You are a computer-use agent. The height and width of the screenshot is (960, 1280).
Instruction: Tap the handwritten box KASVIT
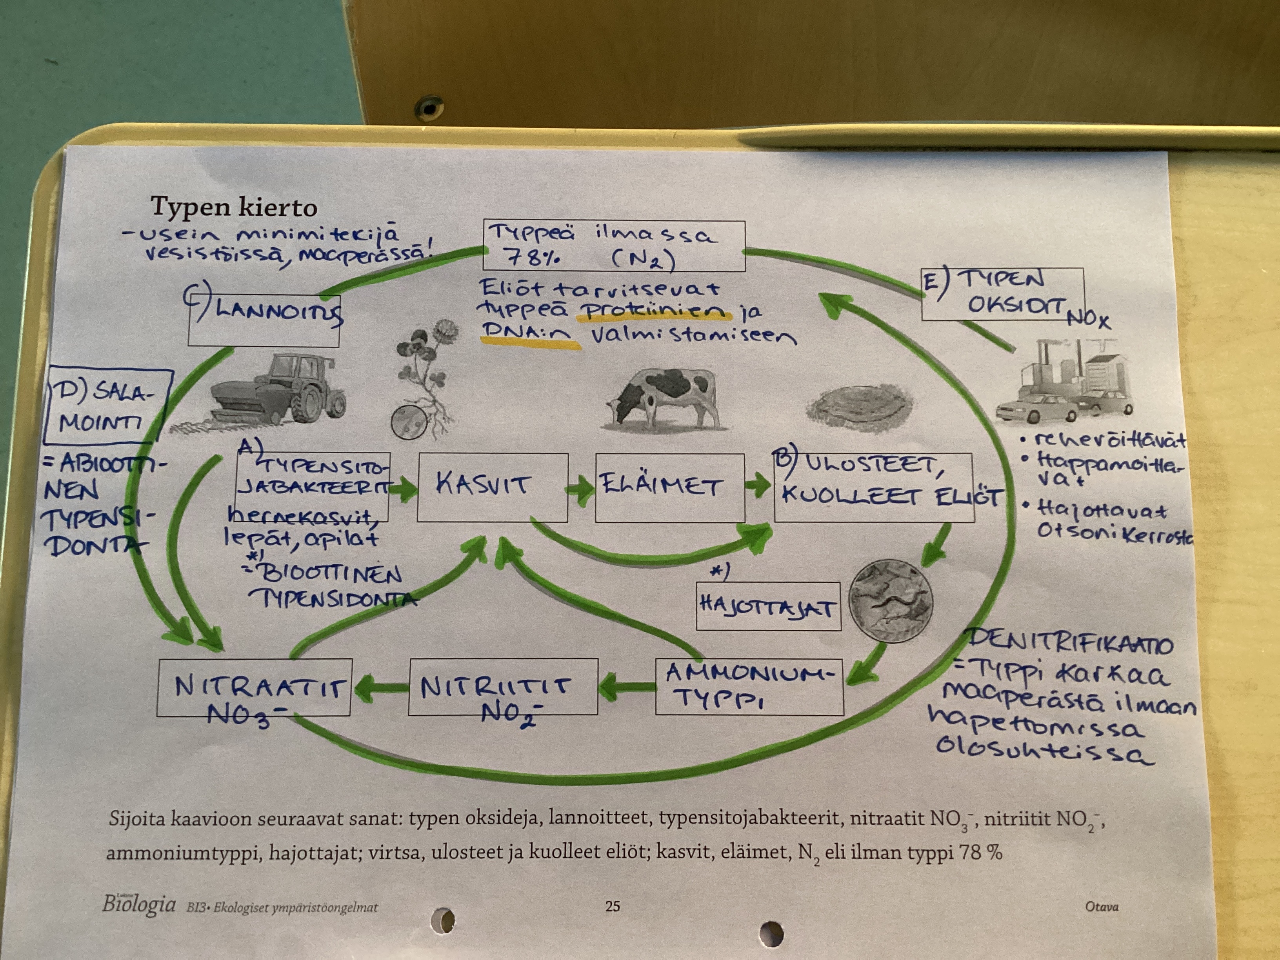click(492, 487)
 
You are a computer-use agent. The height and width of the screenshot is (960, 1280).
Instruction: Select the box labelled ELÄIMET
click(669, 487)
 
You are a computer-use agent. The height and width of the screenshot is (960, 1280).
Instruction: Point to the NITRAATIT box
click(254, 687)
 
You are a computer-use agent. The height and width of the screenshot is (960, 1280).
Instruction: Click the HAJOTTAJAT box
click(768, 606)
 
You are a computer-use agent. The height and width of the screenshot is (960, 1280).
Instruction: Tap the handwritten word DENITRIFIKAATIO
click(1071, 643)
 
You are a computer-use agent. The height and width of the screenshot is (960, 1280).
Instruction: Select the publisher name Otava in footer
click(1101, 906)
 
